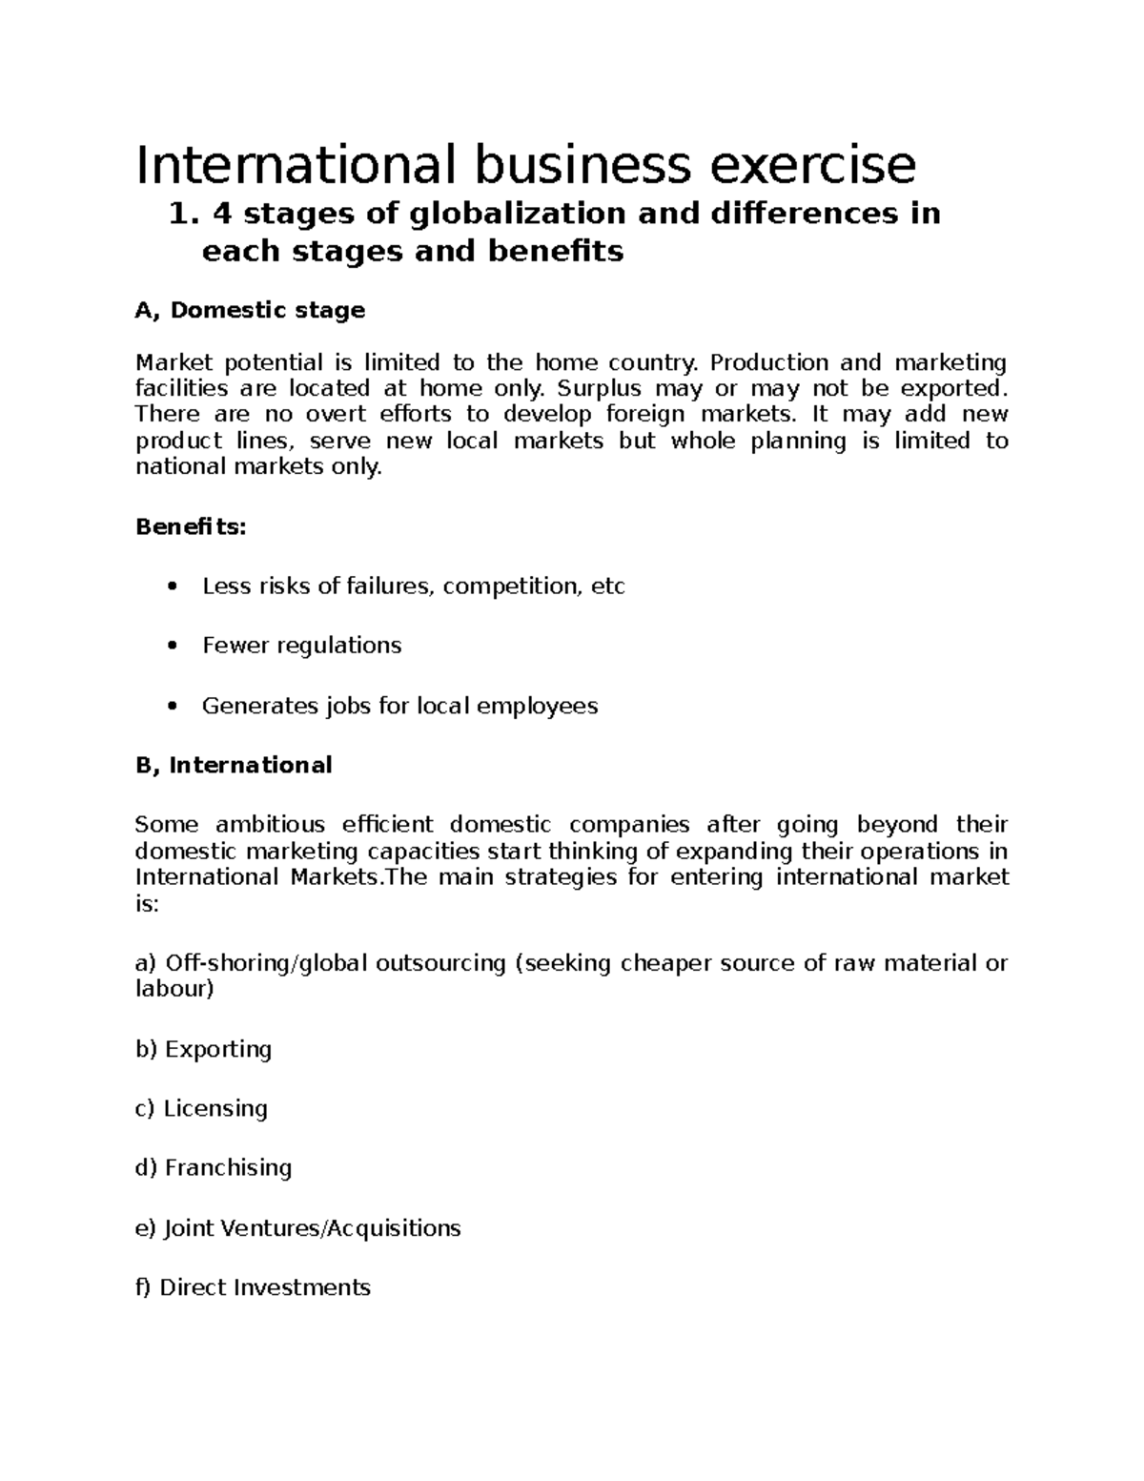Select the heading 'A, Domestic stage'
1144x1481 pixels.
(x=250, y=311)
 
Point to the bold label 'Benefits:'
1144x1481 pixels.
(x=191, y=527)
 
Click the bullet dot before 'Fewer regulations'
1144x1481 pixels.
(x=172, y=647)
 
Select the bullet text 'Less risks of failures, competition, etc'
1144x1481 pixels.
(x=413, y=586)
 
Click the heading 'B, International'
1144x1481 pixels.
(x=234, y=766)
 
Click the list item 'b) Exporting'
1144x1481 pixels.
(x=203, y=1050)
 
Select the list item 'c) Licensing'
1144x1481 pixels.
(x=201, y=1109)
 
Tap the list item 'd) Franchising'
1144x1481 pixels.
(x=214, y=1168)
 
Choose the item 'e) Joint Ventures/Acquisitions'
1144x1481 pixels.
(x=297, y=1228)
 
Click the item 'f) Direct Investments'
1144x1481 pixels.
(x=253, y=1288)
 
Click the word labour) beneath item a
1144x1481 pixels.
(x=174, y=990)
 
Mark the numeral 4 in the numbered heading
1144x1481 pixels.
(x=222, y=215)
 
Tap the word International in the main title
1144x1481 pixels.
(x=296, y=165)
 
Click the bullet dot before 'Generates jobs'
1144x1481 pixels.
(x=172, y=707)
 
